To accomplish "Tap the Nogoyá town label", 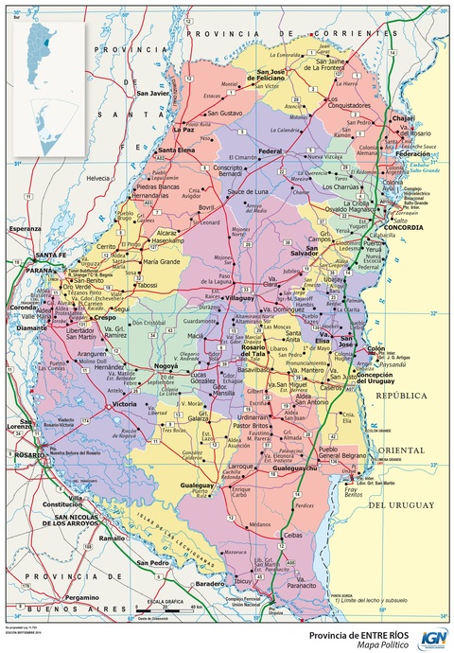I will (167, 364).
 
